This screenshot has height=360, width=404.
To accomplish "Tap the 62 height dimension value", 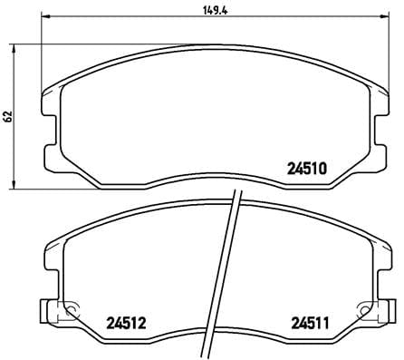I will click(x=7, y=116).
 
